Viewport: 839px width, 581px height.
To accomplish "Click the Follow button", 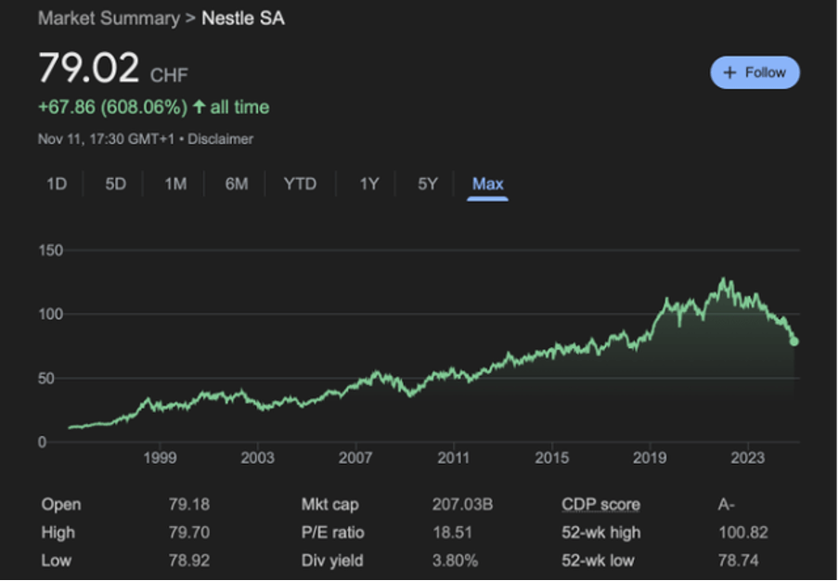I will [x=755, y=72].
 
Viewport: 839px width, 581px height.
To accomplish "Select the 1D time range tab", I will [x=57, y=184].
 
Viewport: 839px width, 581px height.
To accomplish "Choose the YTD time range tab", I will [x=300, y=184].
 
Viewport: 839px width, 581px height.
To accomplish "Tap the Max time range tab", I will [x=487, y=184].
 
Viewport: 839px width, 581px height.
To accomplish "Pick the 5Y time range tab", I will [x=427, y=184].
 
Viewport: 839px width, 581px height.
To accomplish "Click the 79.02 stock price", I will [x=88, y=70].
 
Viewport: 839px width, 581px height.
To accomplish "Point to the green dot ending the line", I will [x=794, y=342].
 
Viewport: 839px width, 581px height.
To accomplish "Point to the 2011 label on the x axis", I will [x=453, y=458].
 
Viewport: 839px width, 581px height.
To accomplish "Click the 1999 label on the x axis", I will [x=160, y=458].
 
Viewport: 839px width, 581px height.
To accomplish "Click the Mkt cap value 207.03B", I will [x=461, y=505].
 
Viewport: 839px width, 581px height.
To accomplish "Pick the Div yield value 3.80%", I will [x=455, y=561].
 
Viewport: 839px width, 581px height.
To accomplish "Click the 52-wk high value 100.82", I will [x=742, y=533].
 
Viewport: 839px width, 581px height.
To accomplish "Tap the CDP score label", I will [x=600, y=505].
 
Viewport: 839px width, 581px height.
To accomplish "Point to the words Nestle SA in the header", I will [x=243, y=18].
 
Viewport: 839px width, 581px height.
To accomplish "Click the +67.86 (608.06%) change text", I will [x=111, y=108].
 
